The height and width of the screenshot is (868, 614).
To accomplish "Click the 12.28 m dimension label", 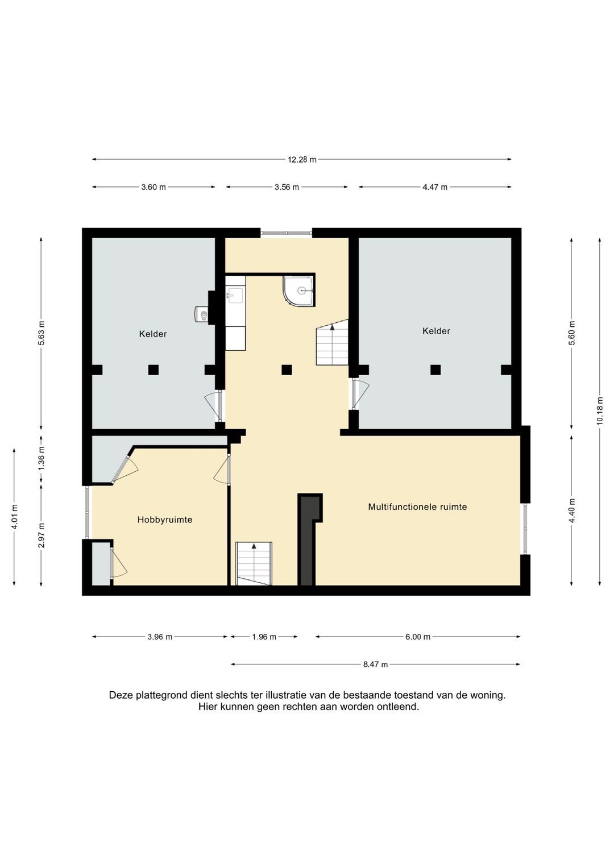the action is [x=302, y=159].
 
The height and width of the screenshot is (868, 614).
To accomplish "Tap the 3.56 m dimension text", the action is [x=287, y=187].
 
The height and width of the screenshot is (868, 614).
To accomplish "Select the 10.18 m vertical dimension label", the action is [x=600, y=410].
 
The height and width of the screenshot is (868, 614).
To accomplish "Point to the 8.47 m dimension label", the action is [x=375, y=665].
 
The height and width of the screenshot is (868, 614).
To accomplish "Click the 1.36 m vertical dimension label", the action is [x=42, y=458].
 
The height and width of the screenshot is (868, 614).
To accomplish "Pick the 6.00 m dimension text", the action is [x=418, y=637].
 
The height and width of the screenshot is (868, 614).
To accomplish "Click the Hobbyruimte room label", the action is [x=165, y=520].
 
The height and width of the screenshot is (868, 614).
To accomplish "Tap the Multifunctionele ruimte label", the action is [x=417, y=506].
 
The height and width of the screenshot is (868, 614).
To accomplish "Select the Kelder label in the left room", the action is [x=153, y=334].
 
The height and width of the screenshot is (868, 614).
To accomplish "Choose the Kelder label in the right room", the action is [x=436, y=331].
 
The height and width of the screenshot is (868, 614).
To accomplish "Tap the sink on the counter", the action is [x=235, y=295].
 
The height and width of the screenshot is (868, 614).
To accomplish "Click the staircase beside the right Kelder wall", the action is [x=332, y=342].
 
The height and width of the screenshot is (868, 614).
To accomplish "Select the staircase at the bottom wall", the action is [x=254, y=564].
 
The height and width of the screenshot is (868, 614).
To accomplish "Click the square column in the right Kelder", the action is [x=435, y=370].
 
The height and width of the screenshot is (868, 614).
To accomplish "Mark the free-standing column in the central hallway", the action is [x=287, y=370].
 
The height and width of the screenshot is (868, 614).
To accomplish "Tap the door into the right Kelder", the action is [x=360, y=394].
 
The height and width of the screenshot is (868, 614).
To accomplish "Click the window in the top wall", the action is [x=286, y=233].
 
